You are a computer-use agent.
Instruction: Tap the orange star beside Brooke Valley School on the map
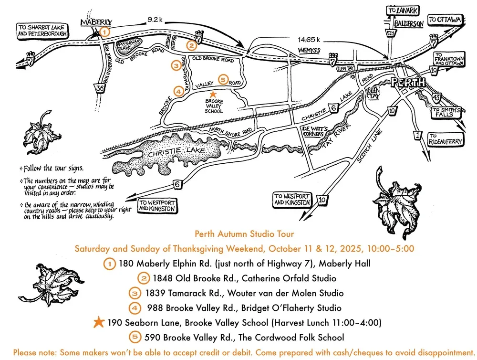(x=213, y=95)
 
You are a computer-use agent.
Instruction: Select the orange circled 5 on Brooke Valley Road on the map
(x=222, y=80)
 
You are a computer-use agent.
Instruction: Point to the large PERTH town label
(x=408, y=82)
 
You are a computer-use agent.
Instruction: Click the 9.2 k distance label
(x=155, y=20)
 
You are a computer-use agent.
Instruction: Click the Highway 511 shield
(x=391, y=33)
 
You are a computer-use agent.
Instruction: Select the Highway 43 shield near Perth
(x=437, y=98)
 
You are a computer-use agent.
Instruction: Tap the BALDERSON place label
(x=409, y=23)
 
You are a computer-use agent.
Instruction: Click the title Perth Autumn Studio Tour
(x=244, y=234)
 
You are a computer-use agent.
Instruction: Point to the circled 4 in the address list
(x=136, y=307)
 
